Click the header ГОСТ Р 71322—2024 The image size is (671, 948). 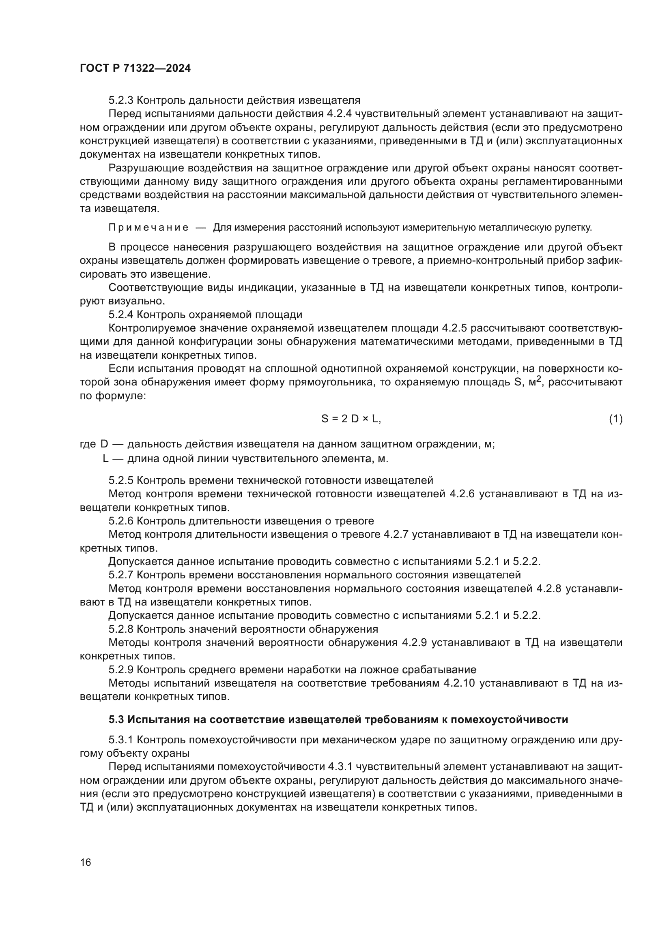click(x=135, y=68)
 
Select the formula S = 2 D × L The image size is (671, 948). click(x=351, y=419)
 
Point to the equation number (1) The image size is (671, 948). click(x=616, y=419)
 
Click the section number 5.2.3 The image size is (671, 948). click(x=121, y=101)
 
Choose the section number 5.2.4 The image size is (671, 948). click(x=121, y=315)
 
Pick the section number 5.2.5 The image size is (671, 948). click(x=121, y=480)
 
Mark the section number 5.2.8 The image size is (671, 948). click(x=121, y=629)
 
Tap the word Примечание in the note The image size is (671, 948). click(x=148, y=227)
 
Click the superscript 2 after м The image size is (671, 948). click(x=538, y=379)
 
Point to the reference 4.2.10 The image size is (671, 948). click(x=459, y=683)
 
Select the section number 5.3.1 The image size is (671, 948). click(x=121, y=740)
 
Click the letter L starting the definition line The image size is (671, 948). click(x=106, y=459)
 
